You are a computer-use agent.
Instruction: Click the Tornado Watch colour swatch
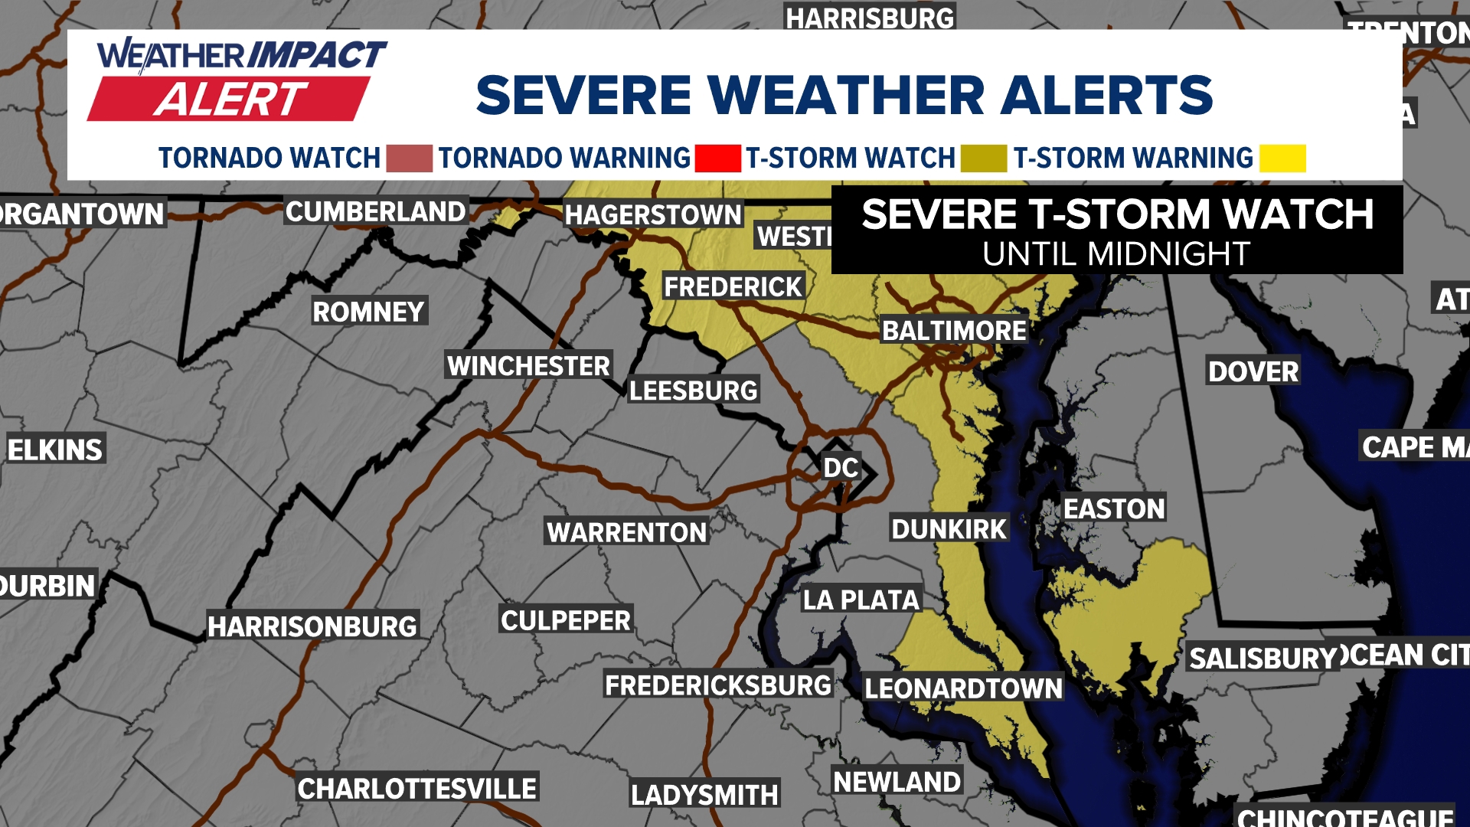tap(409, 159)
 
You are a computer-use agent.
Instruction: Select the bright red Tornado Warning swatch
tap(717, 159)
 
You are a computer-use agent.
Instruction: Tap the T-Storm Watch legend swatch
tap(983, 159)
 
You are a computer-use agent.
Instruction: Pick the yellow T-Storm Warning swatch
tap(1282, 159)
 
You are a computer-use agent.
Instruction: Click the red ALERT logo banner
tap(230, 100)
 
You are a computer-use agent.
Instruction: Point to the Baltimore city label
tap(954, 331)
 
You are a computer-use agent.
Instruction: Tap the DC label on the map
tap(840, 468)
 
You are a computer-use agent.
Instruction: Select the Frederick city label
tap(733, 287)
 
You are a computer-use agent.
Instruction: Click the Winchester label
tap(528, 366)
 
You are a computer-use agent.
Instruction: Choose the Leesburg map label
tap(693, 391)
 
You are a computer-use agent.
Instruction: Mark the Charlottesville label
tap(417, 788)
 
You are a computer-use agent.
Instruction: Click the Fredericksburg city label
tap(717, 685)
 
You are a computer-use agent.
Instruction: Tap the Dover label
tap(1253, 371)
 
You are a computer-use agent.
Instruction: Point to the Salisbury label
tap(1263, 658)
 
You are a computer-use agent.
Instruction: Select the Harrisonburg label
tap(312, 626)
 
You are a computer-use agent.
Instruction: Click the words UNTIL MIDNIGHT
tap(1116, 253)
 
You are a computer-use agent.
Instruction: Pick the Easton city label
tap(1114, 508)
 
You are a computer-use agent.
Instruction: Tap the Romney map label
tap(368, 312)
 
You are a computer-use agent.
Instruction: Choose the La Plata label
tap(861, 600)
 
